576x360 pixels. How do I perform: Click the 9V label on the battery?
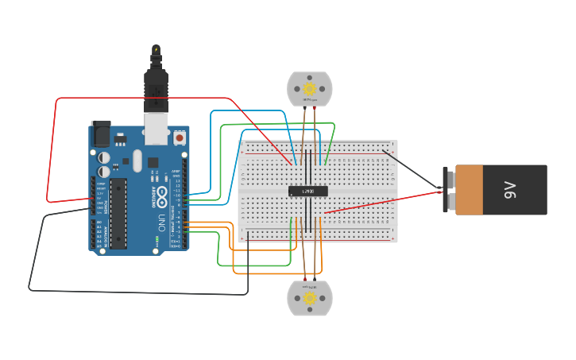click(x=510, y=190)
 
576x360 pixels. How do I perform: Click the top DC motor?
click(x=310, y=88)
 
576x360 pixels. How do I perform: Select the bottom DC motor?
click(x=310, y=298)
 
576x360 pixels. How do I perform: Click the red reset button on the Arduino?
click(x=180, y=137)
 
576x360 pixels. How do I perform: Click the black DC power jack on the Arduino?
click(x=100, y=133)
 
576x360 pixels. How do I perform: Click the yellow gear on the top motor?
click(x=310, y=88)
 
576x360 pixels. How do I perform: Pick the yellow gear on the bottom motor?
click(x=310, y=298)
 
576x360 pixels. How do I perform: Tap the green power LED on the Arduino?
click(x=157, y=239)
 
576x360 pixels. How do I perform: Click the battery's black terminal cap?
click(x=448, y=190)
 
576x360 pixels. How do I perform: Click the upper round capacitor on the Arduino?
click(x=104, y=157)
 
